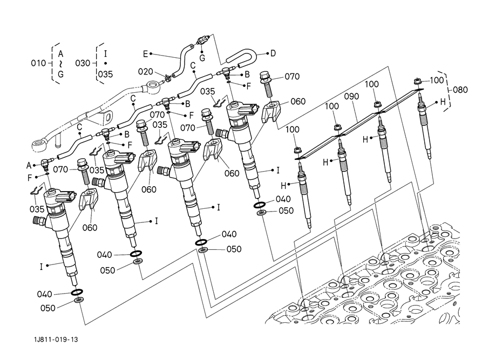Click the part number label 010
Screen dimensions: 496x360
(38, 63)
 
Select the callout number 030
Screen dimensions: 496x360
(83, 63)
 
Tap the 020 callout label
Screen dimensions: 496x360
(146, 72)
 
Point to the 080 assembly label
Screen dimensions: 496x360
(460, 90)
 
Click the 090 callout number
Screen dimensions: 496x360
(351, 96)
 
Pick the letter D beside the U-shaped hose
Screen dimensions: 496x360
(273, 53)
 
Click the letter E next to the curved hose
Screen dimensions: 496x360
(145, 54)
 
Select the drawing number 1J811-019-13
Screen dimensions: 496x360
(56, 339)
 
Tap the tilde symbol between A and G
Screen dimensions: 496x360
(60, 64)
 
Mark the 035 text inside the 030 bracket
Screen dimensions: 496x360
(105, 74)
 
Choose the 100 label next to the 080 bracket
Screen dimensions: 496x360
(437, 80)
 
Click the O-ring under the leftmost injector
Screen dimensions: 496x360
(77, 291)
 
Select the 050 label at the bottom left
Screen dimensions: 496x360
(48, 308)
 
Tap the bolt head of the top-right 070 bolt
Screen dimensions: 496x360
(265, 76)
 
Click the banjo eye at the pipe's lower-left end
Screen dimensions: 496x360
(39, 146)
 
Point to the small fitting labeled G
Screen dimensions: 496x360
(202, 40)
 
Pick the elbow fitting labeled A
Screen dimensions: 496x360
(45, 162)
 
